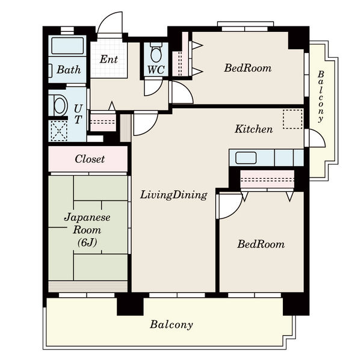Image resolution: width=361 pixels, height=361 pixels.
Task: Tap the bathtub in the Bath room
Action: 67,46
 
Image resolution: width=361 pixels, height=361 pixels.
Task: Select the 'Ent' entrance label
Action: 109,59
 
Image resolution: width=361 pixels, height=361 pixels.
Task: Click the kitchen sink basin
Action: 246,158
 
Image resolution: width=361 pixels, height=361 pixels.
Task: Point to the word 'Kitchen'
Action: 254,129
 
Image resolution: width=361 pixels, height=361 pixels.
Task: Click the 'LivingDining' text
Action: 174,195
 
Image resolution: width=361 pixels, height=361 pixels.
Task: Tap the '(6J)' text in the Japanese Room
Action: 87,242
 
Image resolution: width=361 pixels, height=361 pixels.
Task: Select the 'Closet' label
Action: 90,159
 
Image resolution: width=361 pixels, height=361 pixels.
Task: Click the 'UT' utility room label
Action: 78,114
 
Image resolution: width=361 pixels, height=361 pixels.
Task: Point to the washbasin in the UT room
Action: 60,106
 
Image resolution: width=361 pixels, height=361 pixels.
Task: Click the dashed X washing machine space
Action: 59,131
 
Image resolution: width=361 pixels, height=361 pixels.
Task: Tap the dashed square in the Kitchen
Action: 292,119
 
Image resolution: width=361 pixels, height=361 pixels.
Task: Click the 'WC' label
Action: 156,69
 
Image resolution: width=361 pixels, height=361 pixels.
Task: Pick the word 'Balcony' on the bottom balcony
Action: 171,325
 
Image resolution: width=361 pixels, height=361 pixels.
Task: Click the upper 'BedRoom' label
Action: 248,68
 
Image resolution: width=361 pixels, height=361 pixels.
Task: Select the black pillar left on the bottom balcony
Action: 130,304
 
